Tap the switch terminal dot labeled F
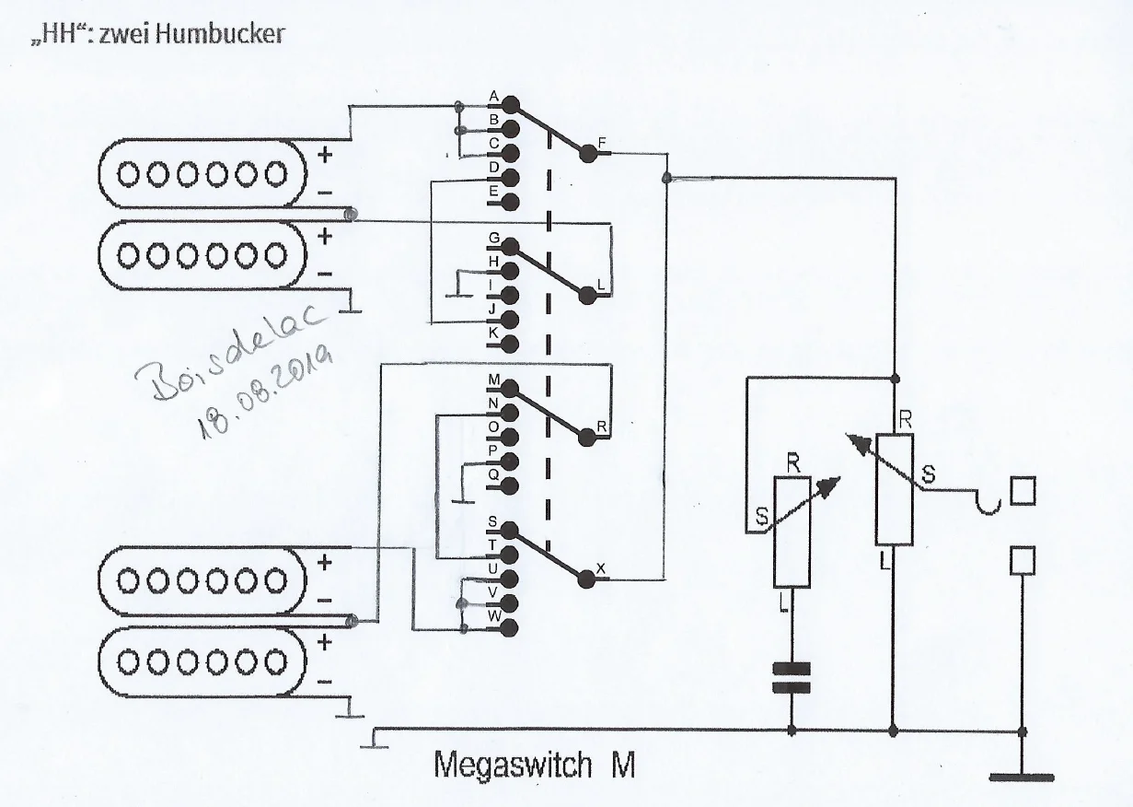(588, 155)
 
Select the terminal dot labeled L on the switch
(588, 295)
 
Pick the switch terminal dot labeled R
(588, 437)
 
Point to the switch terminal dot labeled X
(588, 579)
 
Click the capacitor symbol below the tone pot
(792, 677)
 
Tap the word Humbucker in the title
(222, 35)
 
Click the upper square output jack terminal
(1022, 492)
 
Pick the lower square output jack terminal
(1022, 558)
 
